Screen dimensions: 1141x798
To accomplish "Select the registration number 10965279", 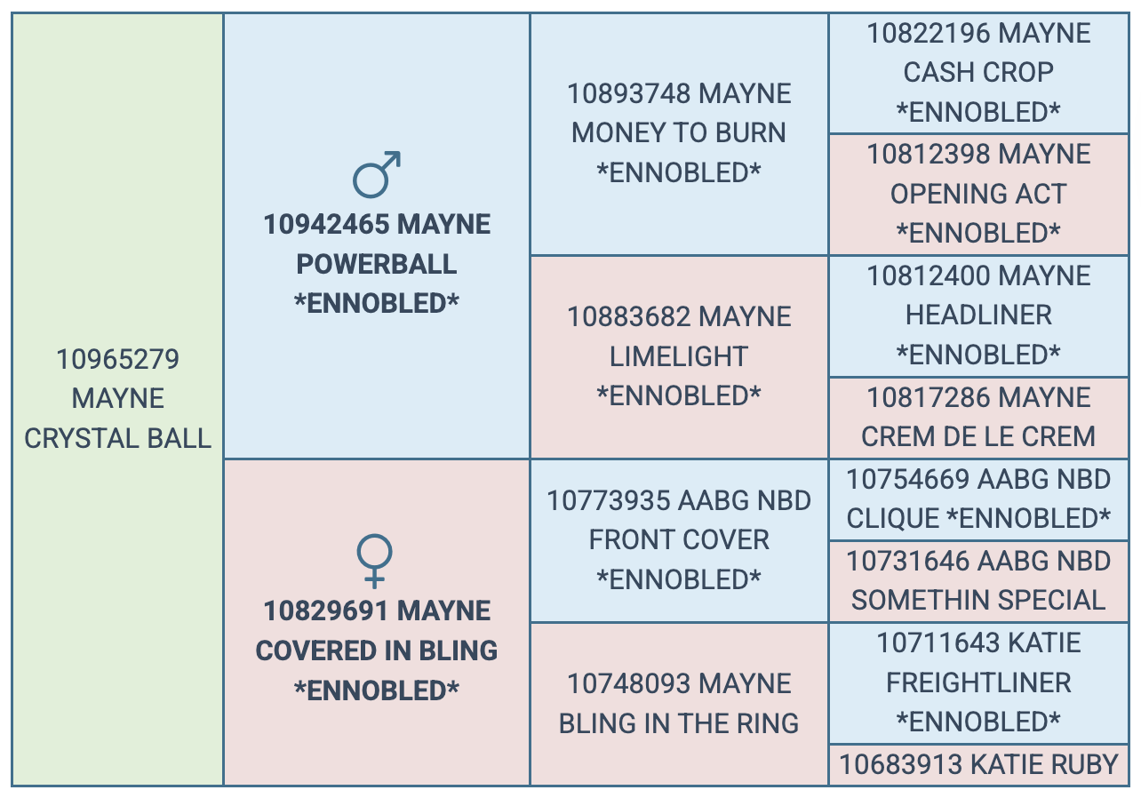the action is tap(117, 360).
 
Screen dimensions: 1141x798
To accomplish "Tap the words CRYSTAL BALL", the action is tap(117, 438).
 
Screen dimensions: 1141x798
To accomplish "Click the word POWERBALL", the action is tap(377, 264).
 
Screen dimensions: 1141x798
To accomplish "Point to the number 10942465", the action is tap(327, 225).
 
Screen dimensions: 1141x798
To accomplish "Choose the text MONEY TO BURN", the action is tap(679, 133).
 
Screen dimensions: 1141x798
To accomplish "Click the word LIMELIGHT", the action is tap(679, 356).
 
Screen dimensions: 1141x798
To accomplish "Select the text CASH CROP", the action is tap(978, 72).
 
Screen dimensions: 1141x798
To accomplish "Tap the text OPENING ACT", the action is tap(978, 194).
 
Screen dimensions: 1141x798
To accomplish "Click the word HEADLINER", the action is tap(978, 315).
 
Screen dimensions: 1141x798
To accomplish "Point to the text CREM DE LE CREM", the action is tap(978, 437).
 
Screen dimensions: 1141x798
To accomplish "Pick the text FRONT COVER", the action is tap(679, 539).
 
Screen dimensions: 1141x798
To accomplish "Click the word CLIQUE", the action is tap(893, 518).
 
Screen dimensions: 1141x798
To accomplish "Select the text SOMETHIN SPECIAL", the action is tap(978, 600).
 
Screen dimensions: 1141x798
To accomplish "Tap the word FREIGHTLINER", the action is tap(978, 682).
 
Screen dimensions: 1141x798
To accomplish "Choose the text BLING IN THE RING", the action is tap(679, 723).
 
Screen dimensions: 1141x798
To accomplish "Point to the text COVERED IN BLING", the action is tap(377, 650).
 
